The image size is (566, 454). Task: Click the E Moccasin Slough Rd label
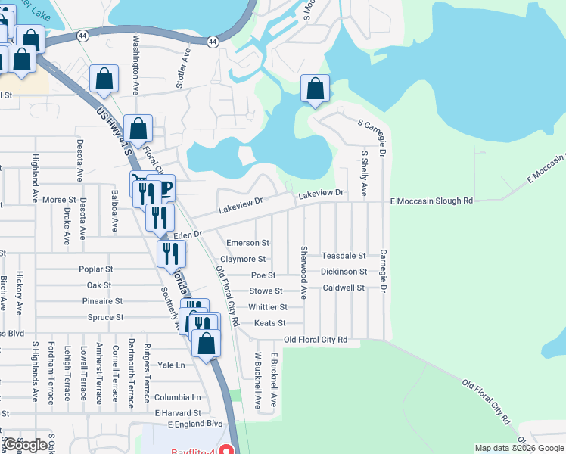point(431,201)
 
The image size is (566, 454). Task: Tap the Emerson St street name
point(248,243)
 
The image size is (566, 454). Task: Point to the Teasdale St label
point(344,256)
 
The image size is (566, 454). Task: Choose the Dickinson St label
point(344,272)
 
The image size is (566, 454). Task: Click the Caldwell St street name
point(344,288)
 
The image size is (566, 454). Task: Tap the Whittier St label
point(268,307)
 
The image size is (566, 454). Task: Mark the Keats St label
point(270,323)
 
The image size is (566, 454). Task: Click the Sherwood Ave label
point(303,272)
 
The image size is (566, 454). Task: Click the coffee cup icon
point(164,188)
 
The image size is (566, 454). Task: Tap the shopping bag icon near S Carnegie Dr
point(315,89)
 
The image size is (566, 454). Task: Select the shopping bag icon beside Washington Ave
point(104,79)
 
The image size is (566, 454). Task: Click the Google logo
point(25,445)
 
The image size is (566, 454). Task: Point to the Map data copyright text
point(519,448)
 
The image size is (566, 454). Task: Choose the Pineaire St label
point(104,301)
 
